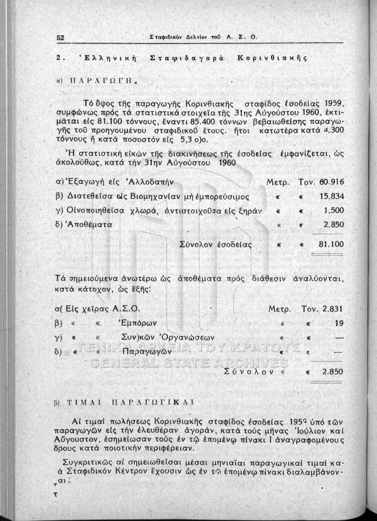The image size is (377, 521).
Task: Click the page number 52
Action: pyautogui.click(x=60, y=38)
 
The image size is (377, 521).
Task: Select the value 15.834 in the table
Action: pyautogui.click(x=332, y=196)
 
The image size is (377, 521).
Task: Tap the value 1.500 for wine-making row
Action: pyautogui.click(x=334, y=211)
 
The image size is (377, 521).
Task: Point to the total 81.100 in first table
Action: pyautogui.click(x=331, y=244)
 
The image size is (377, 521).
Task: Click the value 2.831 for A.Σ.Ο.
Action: pyautogui.click(x=334, y=309)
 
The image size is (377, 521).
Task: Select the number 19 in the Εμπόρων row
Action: pyautogui.click(x=339, y=323)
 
